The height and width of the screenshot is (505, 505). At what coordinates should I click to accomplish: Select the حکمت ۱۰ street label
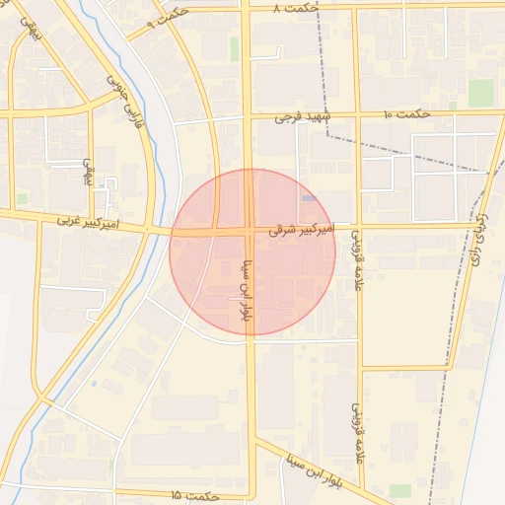[x=406, y=114]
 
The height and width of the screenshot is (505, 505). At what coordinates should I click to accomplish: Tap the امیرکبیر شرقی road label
[x=302, y=229]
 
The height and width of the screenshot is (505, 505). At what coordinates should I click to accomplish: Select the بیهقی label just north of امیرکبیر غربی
[x=87, y=169]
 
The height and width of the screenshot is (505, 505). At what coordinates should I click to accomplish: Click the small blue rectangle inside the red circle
[x=309, y=198]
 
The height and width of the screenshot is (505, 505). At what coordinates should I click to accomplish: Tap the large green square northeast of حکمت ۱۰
[x=480, y=93]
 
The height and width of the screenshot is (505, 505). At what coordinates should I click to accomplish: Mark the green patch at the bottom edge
[x=399, y=491]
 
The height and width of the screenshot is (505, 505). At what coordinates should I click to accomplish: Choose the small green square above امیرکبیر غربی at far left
[x=22, y=198]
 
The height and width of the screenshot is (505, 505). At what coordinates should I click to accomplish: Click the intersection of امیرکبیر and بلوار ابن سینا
[x=249, y=232]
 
